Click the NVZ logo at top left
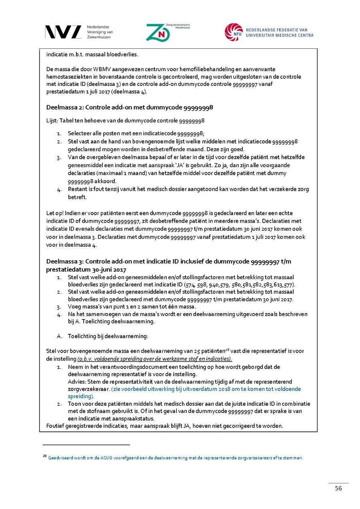63,32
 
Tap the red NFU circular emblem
234,32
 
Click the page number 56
338,489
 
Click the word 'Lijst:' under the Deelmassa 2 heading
52,120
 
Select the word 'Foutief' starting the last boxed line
55,426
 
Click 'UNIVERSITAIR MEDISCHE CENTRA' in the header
280,36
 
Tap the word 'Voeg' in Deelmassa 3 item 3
74,307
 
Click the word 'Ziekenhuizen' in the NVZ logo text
98,37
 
